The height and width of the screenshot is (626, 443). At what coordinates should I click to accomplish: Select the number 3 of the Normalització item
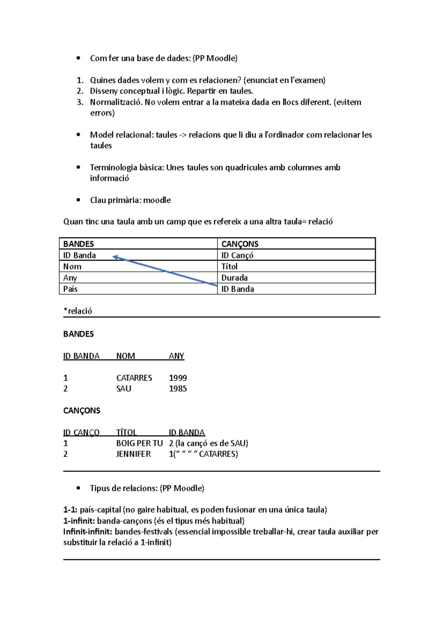80,102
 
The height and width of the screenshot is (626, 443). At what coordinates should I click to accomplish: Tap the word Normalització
116,102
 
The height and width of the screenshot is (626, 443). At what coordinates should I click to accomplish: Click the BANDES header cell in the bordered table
79,244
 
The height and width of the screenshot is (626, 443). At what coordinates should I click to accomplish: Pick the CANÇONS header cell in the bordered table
240,244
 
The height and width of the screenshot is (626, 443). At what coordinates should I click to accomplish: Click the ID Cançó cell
237,255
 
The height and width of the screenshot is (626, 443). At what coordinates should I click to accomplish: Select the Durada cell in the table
234,278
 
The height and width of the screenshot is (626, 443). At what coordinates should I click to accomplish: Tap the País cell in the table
71,289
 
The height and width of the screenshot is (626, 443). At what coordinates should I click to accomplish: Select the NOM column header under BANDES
126,356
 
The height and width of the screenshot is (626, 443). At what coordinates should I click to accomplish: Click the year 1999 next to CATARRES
178,378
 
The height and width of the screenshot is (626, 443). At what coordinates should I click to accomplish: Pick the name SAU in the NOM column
124,389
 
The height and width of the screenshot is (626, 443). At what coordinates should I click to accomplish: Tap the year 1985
178,389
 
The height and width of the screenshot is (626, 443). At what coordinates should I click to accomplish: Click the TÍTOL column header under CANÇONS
126,432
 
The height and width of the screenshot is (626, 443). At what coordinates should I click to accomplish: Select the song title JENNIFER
133,454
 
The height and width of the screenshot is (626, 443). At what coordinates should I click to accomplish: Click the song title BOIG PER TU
140,444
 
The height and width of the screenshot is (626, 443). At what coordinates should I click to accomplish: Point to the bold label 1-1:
70,510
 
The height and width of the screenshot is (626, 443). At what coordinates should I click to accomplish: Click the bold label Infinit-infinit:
88,532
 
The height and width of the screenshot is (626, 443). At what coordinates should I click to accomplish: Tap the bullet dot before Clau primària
78,200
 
